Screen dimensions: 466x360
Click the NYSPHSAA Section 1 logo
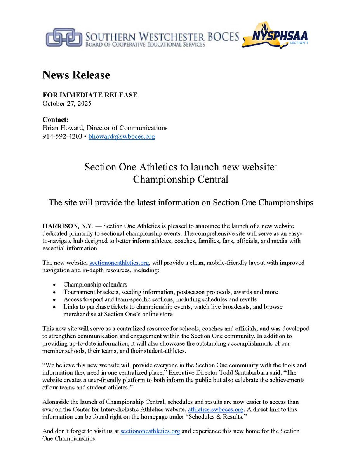tap(275, 38)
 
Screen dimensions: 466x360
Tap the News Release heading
tap(76, 75)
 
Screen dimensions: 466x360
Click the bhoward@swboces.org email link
tap(122, 137)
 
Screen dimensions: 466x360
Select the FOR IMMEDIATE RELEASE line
tap(90, 95)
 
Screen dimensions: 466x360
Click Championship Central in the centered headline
tap(180, 179)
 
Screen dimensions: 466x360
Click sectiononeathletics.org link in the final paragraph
tap(150, 431)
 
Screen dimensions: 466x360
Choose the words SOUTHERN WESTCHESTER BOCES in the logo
tap(162, 37)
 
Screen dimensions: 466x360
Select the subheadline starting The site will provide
tap(180, 203)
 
